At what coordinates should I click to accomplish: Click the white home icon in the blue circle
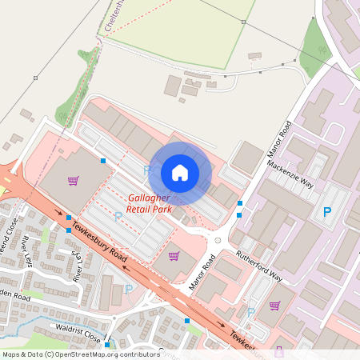click(180, 172)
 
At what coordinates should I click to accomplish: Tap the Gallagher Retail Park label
click(158, 203)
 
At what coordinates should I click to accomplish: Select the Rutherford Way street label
click(258, 266)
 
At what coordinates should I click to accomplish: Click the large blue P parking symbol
click(326, 213)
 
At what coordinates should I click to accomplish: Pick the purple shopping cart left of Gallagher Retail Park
click(74, 181)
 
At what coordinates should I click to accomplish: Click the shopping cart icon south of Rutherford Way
click(275, 305)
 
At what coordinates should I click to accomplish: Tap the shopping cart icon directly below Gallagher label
click(174, 256)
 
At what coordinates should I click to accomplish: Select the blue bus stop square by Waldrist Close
click(106, 346)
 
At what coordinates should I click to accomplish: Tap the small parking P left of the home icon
click(146, 171)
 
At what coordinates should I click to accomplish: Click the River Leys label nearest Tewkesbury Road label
click(78, 266)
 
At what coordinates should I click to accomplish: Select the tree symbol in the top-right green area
click(323, 50)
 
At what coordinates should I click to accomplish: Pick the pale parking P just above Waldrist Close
click(128, 290)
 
